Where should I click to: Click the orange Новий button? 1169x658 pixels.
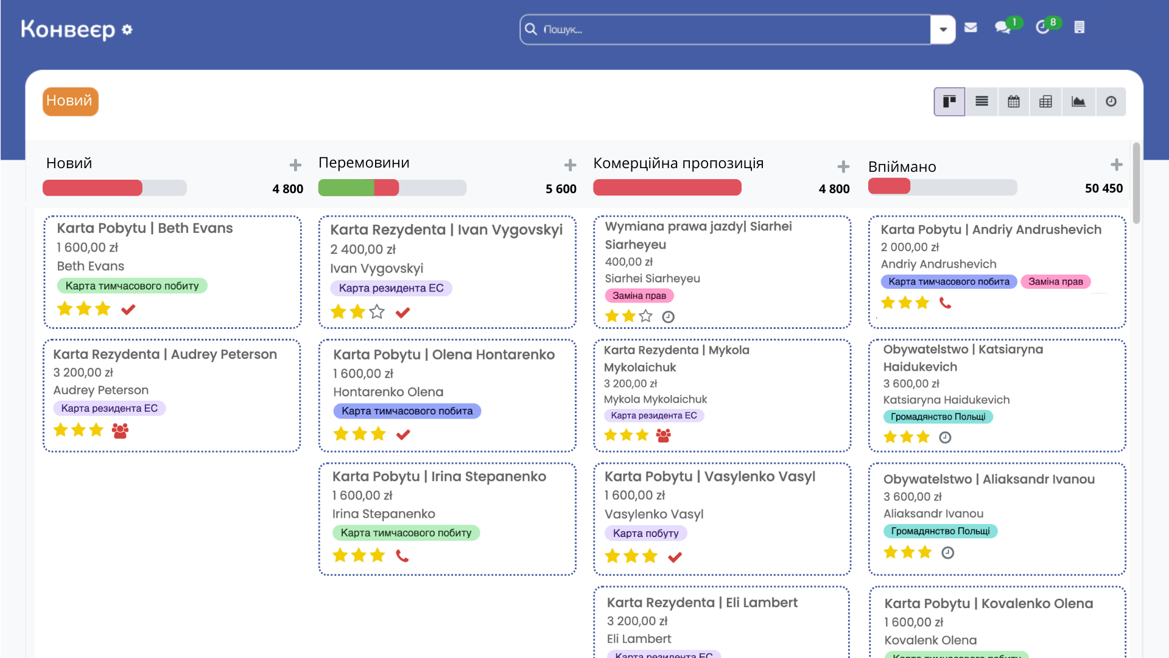pos(70,101)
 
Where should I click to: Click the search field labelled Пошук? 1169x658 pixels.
pos(725,29)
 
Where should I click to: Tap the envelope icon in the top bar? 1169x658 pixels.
pos(971,27)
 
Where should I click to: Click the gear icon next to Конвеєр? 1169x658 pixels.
pos(127,29)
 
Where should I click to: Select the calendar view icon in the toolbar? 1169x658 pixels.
pos(1014,102)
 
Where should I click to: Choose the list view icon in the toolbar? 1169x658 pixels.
pos(981,102)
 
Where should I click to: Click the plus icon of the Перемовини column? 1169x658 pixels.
pos(570,165)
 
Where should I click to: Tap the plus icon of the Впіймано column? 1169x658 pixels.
pos(1116,164)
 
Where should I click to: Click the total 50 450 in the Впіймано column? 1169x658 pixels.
pos(1103,188)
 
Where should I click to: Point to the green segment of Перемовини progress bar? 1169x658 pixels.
pos(346,188)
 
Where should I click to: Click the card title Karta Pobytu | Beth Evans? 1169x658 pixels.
pos(145,228)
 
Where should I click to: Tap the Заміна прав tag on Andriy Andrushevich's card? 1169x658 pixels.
pos(1055,281)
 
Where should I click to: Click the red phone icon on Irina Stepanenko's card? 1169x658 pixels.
pos(402,556)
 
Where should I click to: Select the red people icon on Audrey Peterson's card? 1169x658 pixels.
pos(120,431)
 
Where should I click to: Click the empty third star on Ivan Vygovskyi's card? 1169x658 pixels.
pos(377,312)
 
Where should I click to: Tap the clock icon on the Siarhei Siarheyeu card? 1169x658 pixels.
pos(668,317)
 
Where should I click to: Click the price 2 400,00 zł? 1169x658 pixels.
pos(363,249)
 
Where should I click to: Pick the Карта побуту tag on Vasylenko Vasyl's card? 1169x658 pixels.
pos(645,533)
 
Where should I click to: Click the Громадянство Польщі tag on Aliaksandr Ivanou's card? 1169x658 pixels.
pos(940,531)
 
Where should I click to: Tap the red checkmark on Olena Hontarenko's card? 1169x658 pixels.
pos(403,434)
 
